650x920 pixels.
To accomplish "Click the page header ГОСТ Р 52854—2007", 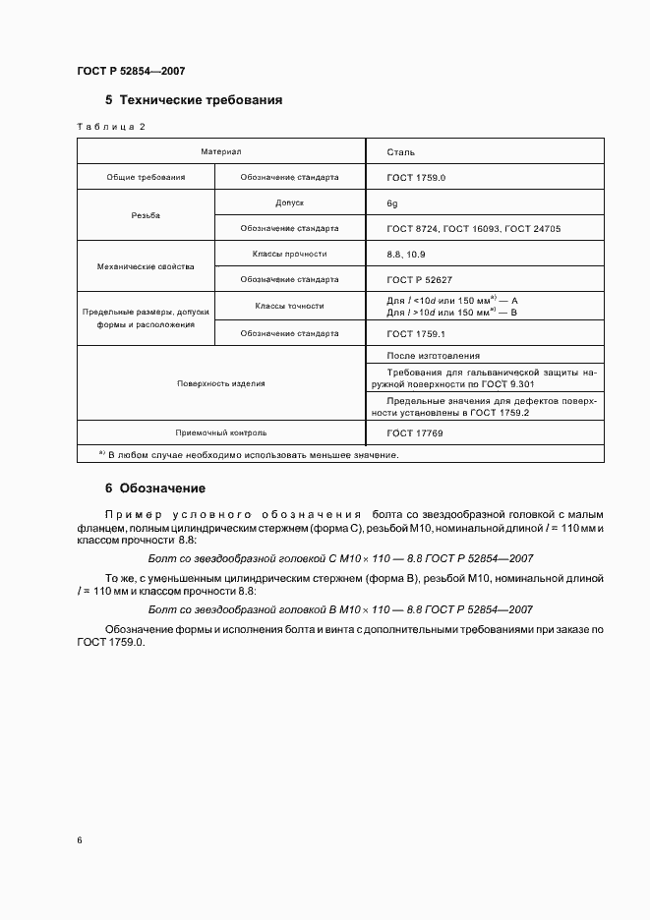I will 131,72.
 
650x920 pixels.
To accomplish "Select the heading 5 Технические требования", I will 194,100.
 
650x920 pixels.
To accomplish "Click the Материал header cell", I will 221,152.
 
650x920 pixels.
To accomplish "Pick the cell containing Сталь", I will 401,152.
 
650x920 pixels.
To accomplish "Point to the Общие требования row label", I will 146,178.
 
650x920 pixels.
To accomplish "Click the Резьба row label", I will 146,215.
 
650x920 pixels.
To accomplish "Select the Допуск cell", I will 290,202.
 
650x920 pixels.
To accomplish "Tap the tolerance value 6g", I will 393,202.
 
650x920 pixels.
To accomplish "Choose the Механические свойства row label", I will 146,266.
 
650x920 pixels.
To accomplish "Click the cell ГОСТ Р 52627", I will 420,279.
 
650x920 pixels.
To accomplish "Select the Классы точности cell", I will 290,306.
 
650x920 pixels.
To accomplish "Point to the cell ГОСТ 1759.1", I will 418,333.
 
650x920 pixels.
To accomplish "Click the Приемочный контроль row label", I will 221,431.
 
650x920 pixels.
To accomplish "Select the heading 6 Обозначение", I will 155,488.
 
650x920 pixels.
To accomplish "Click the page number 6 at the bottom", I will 80,839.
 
